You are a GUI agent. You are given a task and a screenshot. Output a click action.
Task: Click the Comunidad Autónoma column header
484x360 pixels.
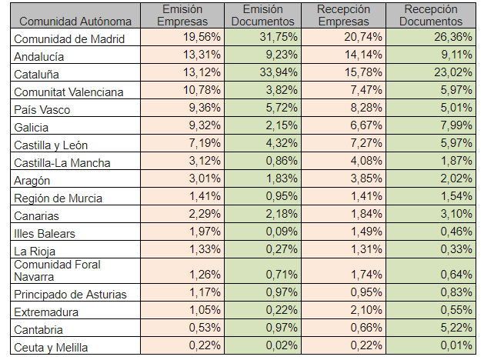pos(75,21)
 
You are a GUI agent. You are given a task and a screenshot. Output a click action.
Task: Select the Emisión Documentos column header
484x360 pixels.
pos(262,15)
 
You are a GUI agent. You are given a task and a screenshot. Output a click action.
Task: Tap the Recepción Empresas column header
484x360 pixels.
pos(343,15)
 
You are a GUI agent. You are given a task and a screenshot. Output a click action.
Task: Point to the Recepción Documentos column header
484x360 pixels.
pos(430,15)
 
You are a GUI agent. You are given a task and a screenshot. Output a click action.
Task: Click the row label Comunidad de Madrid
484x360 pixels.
pos(68,38)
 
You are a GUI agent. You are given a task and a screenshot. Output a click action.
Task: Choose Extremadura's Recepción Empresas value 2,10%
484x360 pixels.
pos(366,312)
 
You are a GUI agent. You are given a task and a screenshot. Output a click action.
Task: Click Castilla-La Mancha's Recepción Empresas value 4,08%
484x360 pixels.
pos(366,162)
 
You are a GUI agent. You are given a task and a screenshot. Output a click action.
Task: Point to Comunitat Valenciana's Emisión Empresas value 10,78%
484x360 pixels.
pos(202,91)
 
